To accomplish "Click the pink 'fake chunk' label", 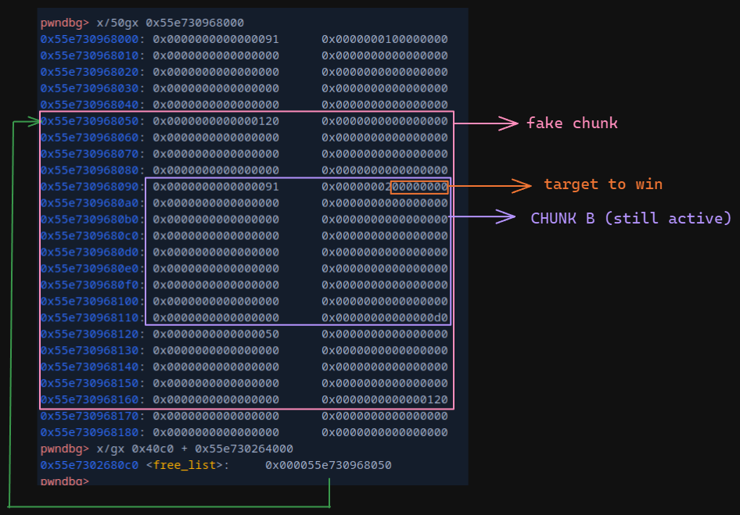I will pyautogui.click(x=572, y=123).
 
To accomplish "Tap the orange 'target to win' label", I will pyautogui.click(x=603, y=184).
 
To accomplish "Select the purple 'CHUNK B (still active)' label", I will pyautogui.click(x=630, y=218).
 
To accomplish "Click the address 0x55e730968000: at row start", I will pyautogui.click(x=93, y=39).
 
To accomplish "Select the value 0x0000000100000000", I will pyautogui.click(x=385, y=39).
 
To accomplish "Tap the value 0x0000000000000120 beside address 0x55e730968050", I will pyautogui.click(x=216, y=121).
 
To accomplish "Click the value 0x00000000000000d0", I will pyautogui.click(x=385, y=317).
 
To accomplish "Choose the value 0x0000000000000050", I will pyautogui.click(x=216, y=334).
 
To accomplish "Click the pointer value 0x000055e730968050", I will pyautogui.click(x=329, y=465).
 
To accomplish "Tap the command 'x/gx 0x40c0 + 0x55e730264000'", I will pyautogui.click(x=195, y=449).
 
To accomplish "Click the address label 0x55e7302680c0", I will pyautogui.click(x=89, y=465).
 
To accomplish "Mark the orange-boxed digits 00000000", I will pyautogui.click(x=419, y=187).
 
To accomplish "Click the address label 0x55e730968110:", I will pyautogui.click(x=93, y=317).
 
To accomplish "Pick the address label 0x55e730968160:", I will pyautogui.click(x=93, y=399).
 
